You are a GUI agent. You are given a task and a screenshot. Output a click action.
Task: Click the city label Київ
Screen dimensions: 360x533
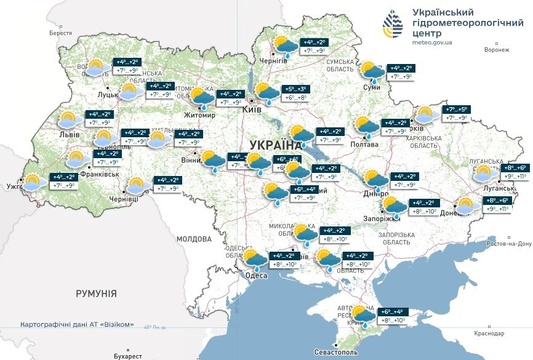click(x=252, y=109)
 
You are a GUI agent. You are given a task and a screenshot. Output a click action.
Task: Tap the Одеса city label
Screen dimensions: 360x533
click(x=256, y=275)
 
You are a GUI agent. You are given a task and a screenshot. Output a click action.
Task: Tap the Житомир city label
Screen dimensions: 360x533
click(x=200, y=115)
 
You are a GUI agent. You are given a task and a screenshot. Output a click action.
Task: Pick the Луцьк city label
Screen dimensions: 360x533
click(x=108, y=95)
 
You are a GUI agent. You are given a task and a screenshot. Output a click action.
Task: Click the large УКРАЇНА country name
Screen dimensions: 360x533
click(x=276, y=145)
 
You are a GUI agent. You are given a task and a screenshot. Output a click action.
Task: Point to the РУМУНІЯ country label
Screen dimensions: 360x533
click(x=96, y=294)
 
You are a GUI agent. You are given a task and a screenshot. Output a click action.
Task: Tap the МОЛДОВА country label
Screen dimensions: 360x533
click(x=194, y=239)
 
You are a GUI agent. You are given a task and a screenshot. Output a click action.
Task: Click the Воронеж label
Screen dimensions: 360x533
click(x=497, y=50)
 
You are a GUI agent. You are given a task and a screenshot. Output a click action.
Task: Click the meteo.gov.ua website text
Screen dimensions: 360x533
click(x=432, y=42)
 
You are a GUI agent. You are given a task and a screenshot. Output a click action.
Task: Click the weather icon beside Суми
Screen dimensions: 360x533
click(x=372, y=71)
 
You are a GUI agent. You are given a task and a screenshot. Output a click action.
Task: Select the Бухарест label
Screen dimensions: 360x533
click(x=128, y=356)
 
